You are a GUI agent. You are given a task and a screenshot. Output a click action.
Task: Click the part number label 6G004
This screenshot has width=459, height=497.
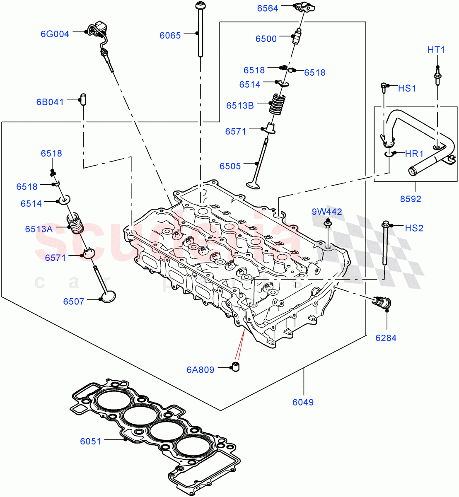pos(55,34)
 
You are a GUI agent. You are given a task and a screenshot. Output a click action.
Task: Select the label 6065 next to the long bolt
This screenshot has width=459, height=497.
pos(170,36)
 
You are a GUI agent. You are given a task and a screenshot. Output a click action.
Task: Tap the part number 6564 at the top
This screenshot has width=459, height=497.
pos(268,8)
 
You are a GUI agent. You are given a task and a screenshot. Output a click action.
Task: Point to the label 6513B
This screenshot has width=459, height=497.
pos(240,106)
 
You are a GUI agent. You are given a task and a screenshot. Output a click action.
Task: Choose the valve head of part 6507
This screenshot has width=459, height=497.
pos(108,297)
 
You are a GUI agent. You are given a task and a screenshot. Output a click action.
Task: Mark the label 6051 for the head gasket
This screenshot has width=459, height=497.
pos(90,442)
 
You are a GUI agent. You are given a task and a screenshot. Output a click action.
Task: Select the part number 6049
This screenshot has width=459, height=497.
pos(303,402)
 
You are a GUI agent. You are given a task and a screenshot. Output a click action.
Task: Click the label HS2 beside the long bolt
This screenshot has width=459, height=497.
pos(414,228)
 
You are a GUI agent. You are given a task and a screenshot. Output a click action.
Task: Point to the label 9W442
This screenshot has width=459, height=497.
pos(327,212)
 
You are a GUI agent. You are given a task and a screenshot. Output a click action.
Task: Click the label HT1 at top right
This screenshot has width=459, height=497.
pos(436,50)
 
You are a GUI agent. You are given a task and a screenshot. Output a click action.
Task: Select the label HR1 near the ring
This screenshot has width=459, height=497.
pos(414,154)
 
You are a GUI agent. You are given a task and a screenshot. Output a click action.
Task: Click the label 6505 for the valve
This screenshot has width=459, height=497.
pos(230,166)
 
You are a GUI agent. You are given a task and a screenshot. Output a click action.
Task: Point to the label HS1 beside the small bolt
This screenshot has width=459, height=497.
pos(407,88)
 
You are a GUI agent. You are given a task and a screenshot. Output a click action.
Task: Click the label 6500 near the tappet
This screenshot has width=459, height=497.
pos(266,39)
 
